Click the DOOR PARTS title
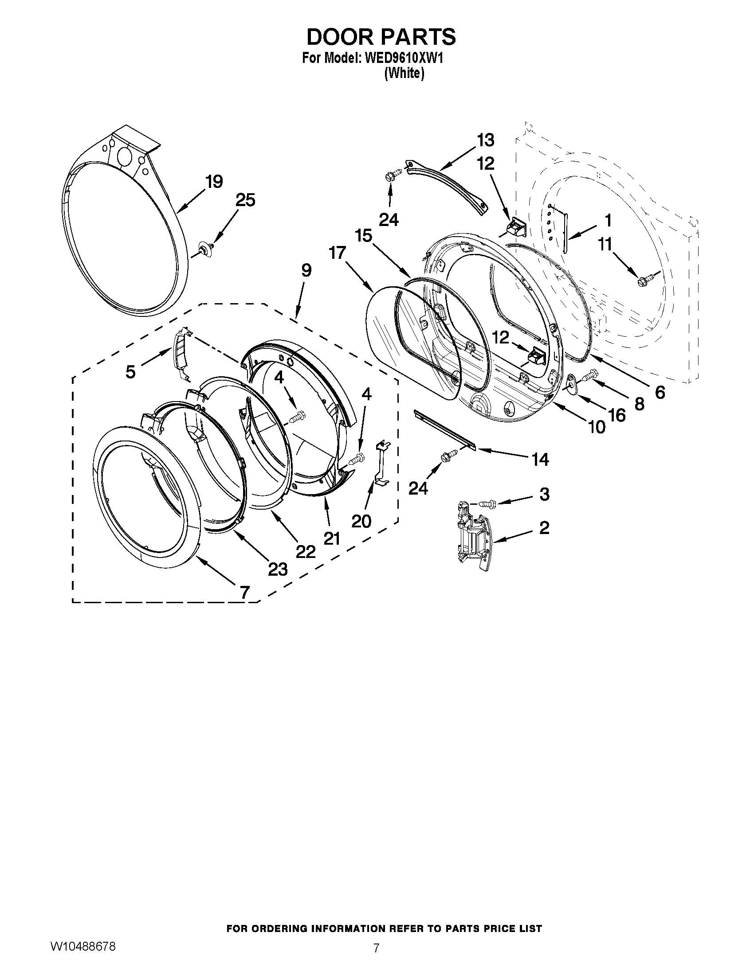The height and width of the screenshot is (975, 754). click(381, 37)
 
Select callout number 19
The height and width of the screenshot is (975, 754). click(214, 182)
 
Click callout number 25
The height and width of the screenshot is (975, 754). click(245, 200)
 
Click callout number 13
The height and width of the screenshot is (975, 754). click(486, 140)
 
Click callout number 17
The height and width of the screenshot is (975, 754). click(337, 253)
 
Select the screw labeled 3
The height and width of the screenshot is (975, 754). click(488, 504)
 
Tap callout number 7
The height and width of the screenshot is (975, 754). click(244, 593)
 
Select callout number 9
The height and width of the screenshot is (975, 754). click(306, 270)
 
